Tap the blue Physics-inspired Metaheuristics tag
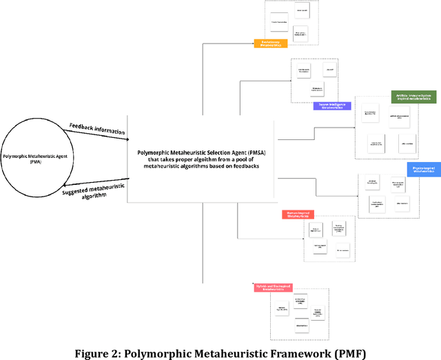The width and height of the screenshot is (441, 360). [x=423, y=169]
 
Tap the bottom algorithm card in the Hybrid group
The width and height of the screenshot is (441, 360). [x=301, y=324]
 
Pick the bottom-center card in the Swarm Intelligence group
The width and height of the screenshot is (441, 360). [x=313, y=90]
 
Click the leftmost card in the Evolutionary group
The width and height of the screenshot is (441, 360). [x=279, y=22]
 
